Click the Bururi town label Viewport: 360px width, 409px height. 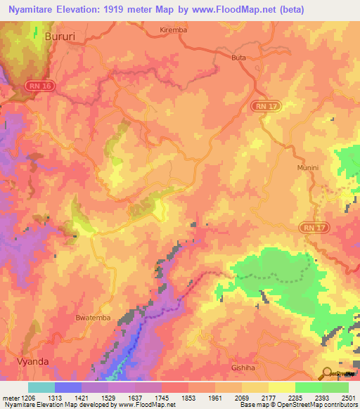click(60, 35)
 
